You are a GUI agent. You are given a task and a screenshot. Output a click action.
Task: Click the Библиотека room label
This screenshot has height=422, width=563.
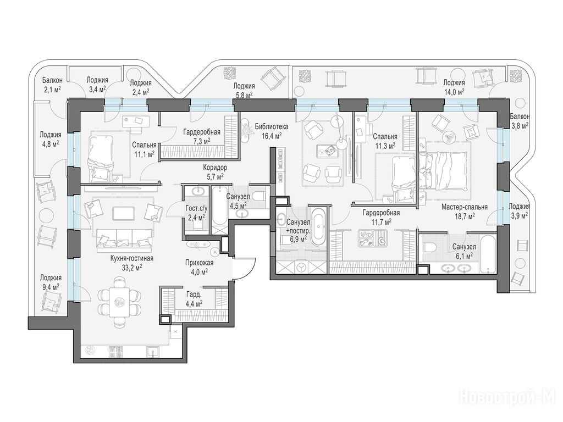[272, 126]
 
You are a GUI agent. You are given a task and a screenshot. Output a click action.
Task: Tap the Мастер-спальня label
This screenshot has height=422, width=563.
[464, 207]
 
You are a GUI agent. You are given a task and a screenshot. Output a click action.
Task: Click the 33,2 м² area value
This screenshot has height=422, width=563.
[132, 267]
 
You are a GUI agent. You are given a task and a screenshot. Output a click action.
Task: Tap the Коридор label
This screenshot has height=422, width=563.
[215, 168]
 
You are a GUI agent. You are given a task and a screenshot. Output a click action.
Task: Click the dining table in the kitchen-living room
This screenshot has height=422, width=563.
[118, 302]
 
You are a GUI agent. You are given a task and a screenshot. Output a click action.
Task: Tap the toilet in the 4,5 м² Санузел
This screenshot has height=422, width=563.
[258, 196]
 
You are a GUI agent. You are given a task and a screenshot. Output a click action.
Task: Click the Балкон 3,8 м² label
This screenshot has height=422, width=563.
[519, 121]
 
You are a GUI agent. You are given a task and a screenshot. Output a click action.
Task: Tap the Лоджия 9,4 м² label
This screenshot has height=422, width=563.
[51, 282]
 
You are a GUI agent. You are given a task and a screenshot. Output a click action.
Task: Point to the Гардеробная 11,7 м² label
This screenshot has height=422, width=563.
[381, 217]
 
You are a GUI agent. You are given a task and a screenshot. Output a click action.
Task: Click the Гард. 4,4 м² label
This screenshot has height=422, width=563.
[194, 299]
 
